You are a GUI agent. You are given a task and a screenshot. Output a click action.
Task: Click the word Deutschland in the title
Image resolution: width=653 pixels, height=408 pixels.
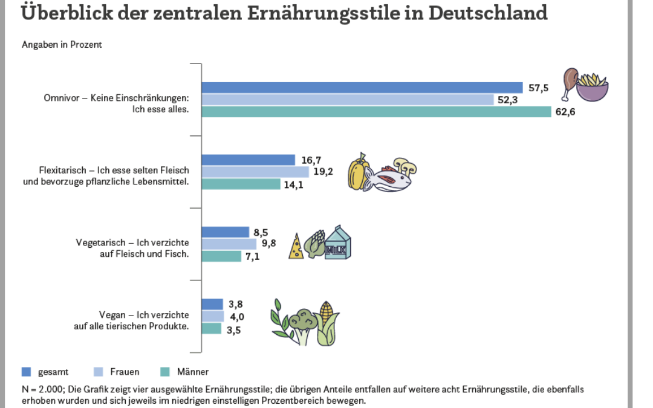pos(488,12)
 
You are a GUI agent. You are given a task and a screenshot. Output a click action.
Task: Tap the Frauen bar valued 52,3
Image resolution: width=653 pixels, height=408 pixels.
pos(348,100)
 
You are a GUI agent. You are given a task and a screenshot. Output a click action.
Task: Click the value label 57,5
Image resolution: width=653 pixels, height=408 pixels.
pos(538,88)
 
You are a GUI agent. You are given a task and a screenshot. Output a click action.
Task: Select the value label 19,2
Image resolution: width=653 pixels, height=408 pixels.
pos(323,172)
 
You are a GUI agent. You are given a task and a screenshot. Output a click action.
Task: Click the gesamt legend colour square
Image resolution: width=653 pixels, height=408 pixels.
pos(26,372)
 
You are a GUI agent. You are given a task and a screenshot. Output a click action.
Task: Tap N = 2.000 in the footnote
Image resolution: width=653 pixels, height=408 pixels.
pos(39,390)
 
